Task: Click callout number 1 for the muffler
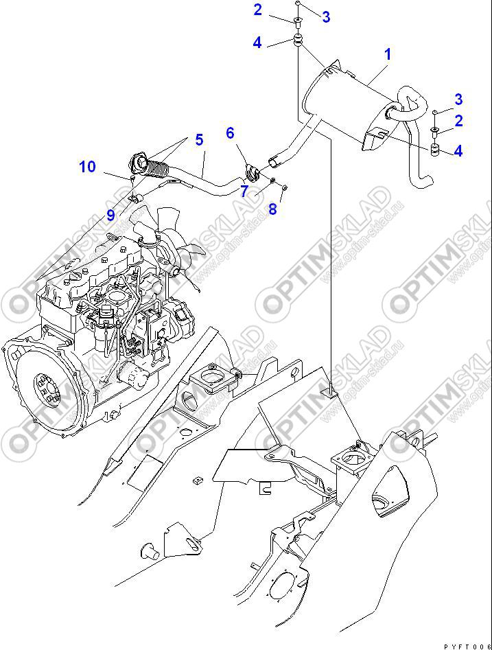[x=387, y=54]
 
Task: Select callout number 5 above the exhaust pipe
[x=199, y=141]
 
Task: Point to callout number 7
[x=244, y=191]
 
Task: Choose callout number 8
[x=272, y=209]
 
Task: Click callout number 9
[x=110, y=216]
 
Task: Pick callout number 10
[x=87, y=167]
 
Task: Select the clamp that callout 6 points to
[x=251, y=172]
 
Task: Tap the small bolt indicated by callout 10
[x=131, y=179]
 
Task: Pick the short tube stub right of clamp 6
[x=273, y=162]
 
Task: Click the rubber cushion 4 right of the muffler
[x=434, y=150]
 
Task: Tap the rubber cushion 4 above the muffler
[x=299, y=40]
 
